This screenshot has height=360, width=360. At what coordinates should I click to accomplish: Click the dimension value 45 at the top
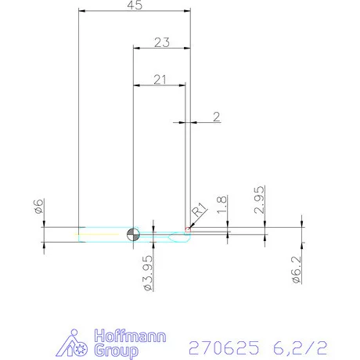click(x=134, y=5)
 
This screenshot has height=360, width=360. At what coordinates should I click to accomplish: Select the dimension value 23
click(x=161, y=43)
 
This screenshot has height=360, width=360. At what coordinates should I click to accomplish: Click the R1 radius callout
click(x=199, y=209)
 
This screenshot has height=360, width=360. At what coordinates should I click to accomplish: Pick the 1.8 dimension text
click(x=222, y=206)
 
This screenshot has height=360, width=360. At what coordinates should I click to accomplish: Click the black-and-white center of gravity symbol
click(x=133, y=234)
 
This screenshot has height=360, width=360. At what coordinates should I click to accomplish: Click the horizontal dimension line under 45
click(x=134, y=12)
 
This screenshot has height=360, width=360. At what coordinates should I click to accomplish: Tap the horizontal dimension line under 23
click(x=161, y=49)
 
